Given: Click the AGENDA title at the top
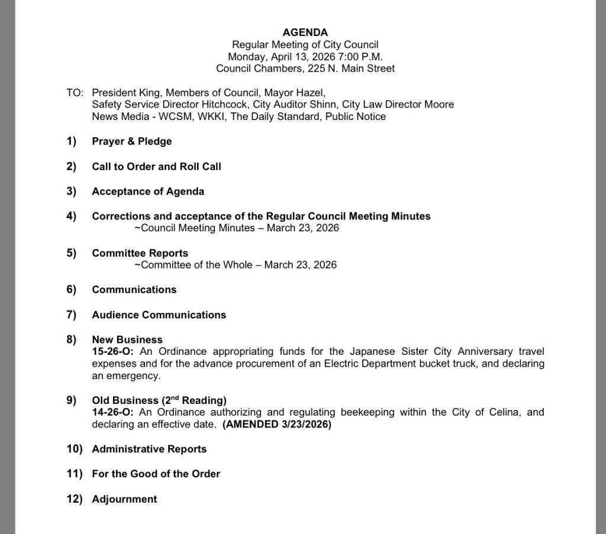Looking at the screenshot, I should tap(305, 33).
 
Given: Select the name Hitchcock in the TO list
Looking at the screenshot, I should tap(223, 105).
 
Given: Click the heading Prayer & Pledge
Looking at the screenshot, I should tap(131, 141).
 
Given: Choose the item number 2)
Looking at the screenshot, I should tap(72, 167).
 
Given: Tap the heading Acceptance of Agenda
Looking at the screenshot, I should tap(148, 192).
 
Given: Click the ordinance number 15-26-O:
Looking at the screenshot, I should tap(113, 351).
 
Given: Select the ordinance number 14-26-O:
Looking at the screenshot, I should tap(113, 412).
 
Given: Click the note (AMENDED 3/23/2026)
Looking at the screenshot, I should tap(277, 425).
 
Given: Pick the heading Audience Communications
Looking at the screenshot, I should tap(159, 315).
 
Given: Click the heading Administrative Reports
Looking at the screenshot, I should tap(149, 449).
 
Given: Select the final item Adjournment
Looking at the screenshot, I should tap(124, 499).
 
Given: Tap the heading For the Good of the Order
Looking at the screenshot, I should tap(156, 474).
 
